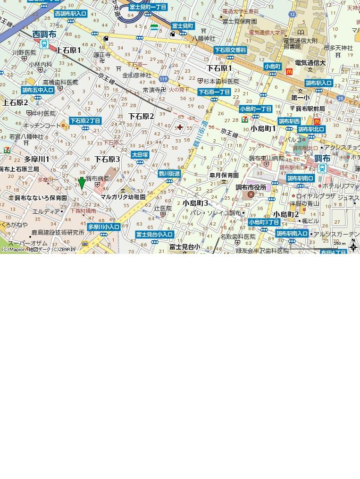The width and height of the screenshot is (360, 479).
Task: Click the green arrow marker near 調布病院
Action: [82, 183]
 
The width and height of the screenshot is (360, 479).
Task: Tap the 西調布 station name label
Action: [44, 34]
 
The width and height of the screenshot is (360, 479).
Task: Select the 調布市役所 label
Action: [251, 187]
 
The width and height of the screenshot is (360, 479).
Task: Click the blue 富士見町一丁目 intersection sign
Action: [148, 7]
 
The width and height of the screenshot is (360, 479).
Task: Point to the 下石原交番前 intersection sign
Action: [230, 50]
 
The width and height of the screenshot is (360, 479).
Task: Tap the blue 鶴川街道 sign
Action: [169, 174]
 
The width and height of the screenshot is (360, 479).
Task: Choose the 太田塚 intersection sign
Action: [140, 155]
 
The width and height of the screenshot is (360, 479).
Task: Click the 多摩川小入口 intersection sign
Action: [103, 227]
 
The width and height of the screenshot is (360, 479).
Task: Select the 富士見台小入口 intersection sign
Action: [154, 235]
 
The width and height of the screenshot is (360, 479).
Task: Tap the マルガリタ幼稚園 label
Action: [123, 197]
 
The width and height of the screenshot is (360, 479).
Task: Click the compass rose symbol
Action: [353, 246]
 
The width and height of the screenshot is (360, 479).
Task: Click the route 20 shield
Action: [340, 98]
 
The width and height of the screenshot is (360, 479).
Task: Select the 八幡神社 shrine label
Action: [203, 38]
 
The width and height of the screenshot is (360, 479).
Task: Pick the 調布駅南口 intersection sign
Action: [301, 178]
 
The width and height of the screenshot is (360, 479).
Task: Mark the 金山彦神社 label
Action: [137, 75]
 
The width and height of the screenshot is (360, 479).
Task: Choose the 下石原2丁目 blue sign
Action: [85, 121]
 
